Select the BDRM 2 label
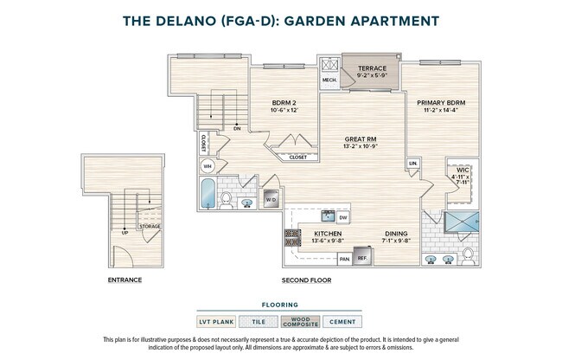284,103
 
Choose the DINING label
398,234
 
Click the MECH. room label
329,80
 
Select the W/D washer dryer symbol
271,200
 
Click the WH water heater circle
207,167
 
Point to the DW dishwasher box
343,217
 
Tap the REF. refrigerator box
363,258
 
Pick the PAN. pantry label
344,258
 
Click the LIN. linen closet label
413,164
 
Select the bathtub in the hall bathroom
208,196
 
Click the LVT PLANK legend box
217,322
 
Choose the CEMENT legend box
342,322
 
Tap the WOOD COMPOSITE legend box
300,322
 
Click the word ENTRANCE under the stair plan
125,280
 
